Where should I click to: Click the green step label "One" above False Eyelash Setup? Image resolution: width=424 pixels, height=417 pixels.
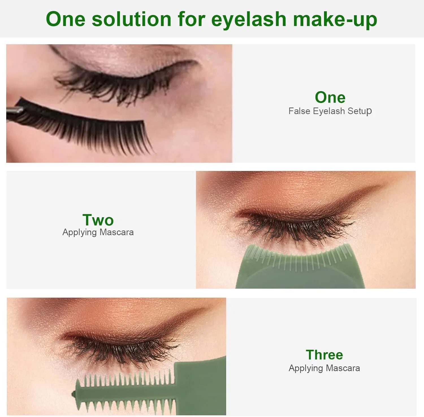(330, 98)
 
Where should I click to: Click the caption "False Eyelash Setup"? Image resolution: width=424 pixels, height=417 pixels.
(330, 111)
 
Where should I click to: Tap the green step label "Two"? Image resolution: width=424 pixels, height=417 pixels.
(98, 220)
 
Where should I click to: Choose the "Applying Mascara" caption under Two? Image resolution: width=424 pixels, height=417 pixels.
(98, 232)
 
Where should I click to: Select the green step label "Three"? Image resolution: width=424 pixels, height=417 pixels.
(325, 355)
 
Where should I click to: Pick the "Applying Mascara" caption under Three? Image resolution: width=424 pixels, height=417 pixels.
(325, 368)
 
